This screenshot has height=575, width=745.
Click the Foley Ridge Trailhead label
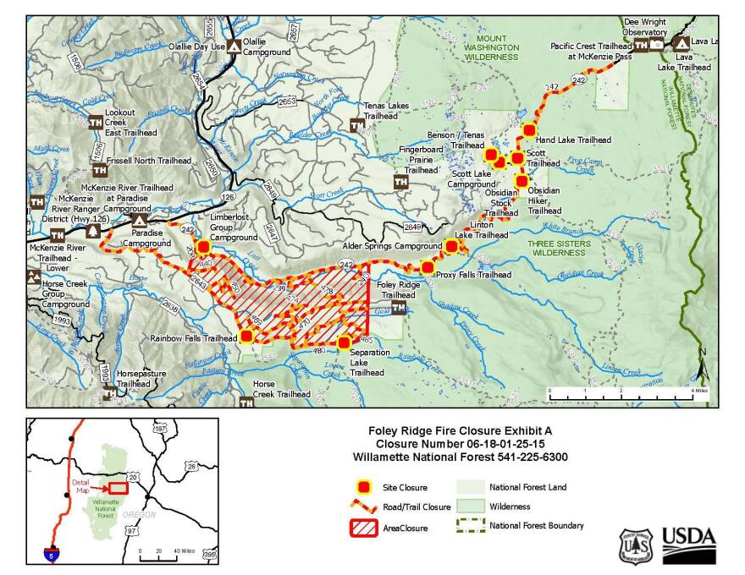pos(398,290)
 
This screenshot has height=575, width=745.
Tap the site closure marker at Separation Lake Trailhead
pos(344,342)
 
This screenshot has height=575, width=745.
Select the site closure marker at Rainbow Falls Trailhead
pos(246,336)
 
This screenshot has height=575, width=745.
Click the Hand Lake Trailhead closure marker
pos(529,130)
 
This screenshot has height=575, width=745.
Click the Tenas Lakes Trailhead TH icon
pos(356,125)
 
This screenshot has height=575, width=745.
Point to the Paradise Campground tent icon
pos(139,221)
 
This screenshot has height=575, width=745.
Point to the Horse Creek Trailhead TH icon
pos(246,403)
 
